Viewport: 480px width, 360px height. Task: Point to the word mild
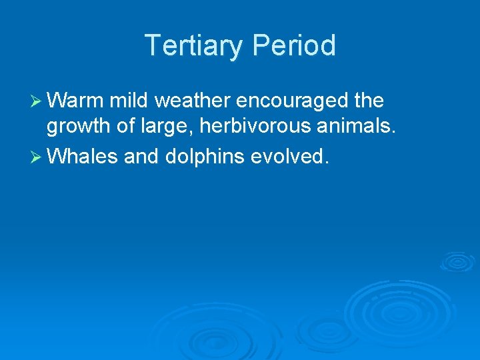131,101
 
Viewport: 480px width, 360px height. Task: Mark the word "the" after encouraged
369,101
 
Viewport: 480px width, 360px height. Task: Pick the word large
164,127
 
